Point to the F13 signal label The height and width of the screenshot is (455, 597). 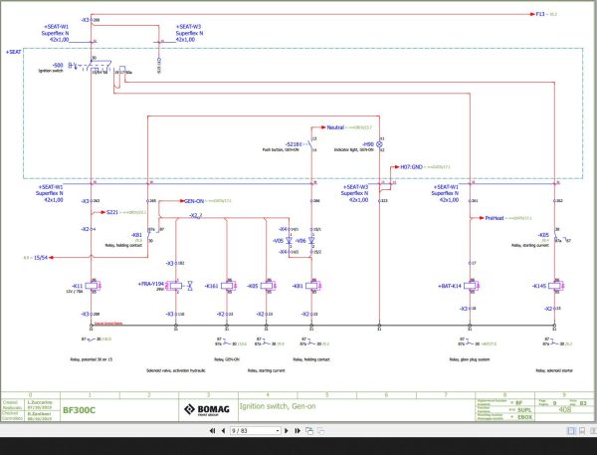[x=540, y=15]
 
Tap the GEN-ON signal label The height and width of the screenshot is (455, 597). [x=194, y=200]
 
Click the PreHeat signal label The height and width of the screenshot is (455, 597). [x=496, y=217]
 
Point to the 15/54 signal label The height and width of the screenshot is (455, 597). [x=42, y=257]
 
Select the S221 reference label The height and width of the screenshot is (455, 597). [x=112, y=212]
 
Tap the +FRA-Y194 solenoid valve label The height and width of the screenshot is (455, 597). [x=152, y=286]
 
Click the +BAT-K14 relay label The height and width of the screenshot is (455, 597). [x=451, y=286]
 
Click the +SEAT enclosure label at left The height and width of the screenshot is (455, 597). [x=13, y=51]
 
